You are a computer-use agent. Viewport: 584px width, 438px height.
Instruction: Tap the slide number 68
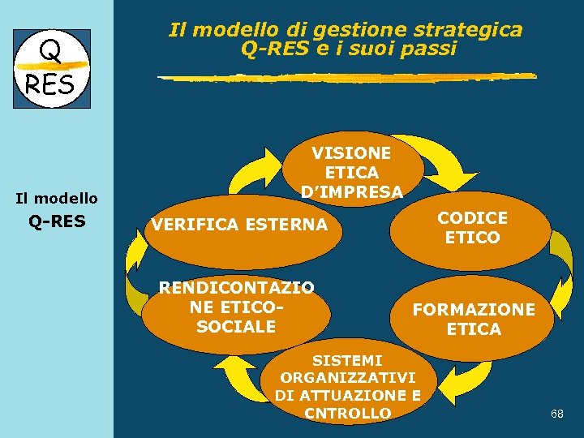pyautogui.click(x=556, y=414)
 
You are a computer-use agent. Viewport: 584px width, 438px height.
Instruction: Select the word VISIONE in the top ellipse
pyautogui.click(x=351, y=153)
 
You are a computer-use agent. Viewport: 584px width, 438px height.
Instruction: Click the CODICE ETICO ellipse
pyautogui.click(x=472, y=228)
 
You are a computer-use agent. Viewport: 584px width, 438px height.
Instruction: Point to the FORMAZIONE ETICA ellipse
pyautogui.click(x=474, y=320)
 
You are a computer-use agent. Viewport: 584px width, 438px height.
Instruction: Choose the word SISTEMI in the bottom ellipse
pyautogui.click(x=347, y=359)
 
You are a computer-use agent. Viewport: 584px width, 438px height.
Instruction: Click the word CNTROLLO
pyautogui.click(x=347, y=414)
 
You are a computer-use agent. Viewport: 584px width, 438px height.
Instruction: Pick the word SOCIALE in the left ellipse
pyautogui.click(x=236, y=327)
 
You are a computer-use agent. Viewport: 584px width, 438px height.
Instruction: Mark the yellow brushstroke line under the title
pyautogui.click(x=346, y=77)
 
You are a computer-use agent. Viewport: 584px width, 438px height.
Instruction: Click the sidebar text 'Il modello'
pyautogui.click(x=57, y=198)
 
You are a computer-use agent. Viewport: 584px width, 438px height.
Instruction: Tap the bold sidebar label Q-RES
pyautogui.click(x=57, y=221)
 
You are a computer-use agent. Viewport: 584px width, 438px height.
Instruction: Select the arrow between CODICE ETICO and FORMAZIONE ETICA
pyautogui.click(x=560, y=258)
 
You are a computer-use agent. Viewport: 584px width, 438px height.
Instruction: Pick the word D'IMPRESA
pyautogui.click(x=351, y=192)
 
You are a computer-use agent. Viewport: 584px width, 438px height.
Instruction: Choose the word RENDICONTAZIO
pyautogui.click(x=236, y=287)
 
